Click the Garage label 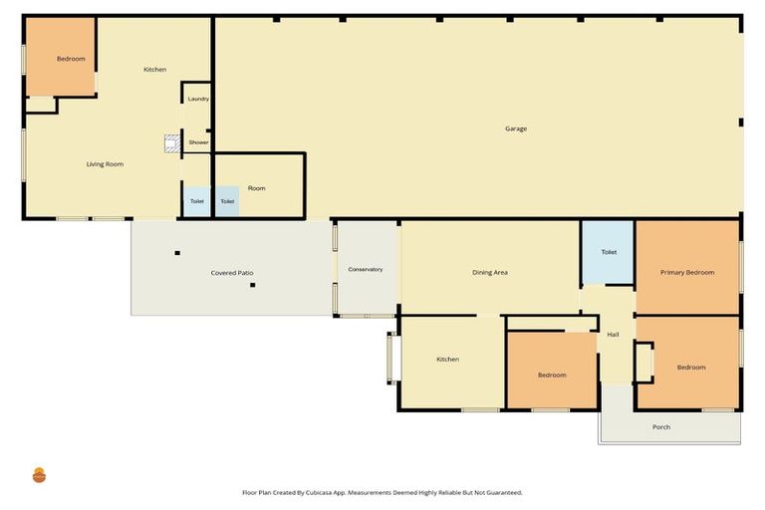pos(515,128)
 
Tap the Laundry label pos(198,99)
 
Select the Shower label pos(199,142)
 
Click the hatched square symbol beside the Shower pos(171,143)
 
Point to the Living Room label pos(105,164)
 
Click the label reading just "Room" pos(257,188)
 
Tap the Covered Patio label pos(231,273)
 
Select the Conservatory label pos(365,270)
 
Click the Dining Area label pos(490,272)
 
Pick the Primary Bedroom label pos(687,272)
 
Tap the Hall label pos(613,335)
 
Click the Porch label pos(661,427)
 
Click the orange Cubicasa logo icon pos(39,475)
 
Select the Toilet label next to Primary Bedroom pos(609,252)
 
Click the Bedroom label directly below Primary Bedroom pos(691,368)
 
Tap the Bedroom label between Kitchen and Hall pos(552,376)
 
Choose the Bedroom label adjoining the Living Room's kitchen pos(71,59)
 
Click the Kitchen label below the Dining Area pos(447,359)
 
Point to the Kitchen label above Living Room pos(154,70)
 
